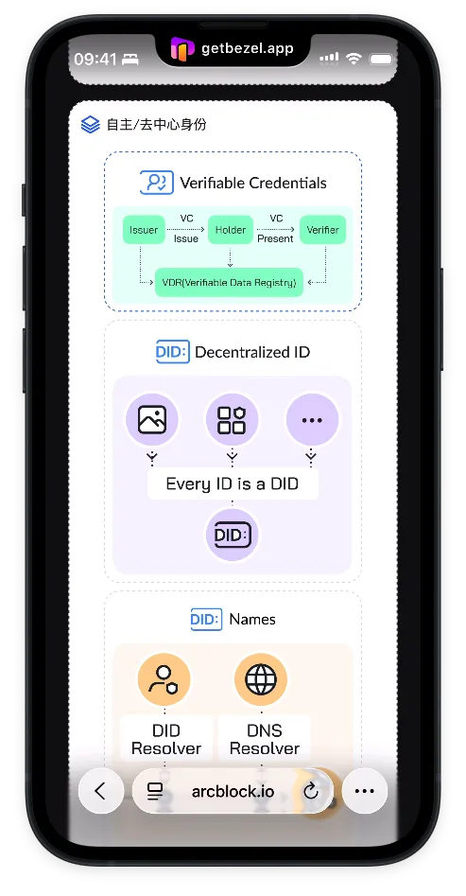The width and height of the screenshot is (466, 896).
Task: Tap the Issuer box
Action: (x=144, y=230)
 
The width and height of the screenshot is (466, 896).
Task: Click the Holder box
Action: (x=230, y=230)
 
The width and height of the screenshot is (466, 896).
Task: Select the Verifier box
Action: (x=322, y=230)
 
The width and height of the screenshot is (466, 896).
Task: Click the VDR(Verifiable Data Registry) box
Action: (x=229, y=282)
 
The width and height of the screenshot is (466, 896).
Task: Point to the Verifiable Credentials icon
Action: (x=157, y=183)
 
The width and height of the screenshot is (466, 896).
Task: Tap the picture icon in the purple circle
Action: (x=152, y=420)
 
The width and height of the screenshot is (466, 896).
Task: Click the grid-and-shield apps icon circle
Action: (x=232, y=420)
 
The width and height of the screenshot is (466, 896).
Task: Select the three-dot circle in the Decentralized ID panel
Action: (x=312, y=420)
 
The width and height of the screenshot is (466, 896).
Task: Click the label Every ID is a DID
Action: (x=233, y=484)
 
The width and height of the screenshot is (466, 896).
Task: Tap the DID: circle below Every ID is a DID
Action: (x=232, y=535)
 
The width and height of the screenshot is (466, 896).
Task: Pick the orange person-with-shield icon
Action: (x=164, y=679)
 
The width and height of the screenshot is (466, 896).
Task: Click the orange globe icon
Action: (x=261, y=679)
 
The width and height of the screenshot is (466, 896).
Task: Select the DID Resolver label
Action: (x=166, y=740)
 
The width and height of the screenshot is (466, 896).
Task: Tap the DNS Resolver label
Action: (x=265, y=740)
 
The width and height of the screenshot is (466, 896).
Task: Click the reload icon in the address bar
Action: (x=311, y=791)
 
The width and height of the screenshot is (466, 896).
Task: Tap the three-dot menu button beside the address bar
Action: (x=364, y=791)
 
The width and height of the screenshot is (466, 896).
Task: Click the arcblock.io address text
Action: (x=233, y=791)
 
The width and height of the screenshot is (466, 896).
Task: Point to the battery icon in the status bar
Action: (x=381, y=59)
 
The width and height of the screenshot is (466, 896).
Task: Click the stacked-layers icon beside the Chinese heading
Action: (x=90, y=124)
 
